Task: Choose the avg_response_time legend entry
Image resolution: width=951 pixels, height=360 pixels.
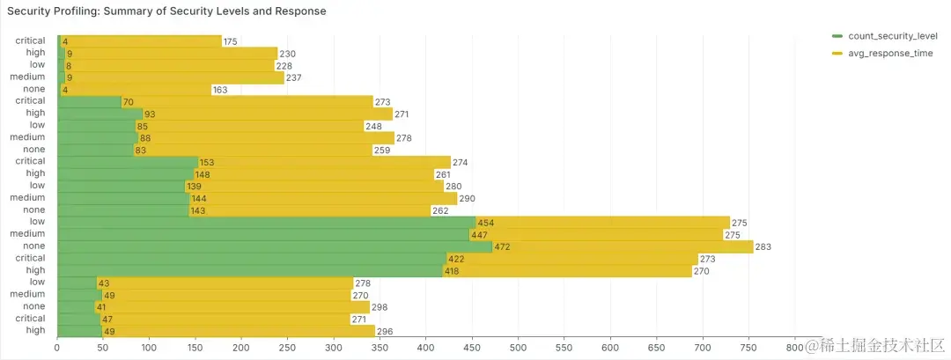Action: (x=889, y=54)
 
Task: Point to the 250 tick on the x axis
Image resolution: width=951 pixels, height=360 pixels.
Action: (x=241, y=349)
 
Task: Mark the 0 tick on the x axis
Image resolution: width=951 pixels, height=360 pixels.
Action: (x=57, y=349)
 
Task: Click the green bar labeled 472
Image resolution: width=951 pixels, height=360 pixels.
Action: (x=273, y=246)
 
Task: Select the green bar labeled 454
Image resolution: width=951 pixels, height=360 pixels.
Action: (x=264, y=223)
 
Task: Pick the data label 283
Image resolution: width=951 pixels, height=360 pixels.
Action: (x=763, y=247)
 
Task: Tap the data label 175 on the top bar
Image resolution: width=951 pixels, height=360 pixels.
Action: (x=231, y=41)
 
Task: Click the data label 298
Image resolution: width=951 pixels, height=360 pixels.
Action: (x=380, y=307)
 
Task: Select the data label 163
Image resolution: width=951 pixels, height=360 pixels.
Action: (x=219, y=90)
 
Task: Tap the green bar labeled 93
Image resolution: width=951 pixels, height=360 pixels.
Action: (x=100, y=114)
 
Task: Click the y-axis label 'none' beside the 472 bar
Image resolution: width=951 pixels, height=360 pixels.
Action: (x=33, y=246)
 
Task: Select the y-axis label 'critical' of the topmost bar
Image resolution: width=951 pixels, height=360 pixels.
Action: (x=30, y=41)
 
